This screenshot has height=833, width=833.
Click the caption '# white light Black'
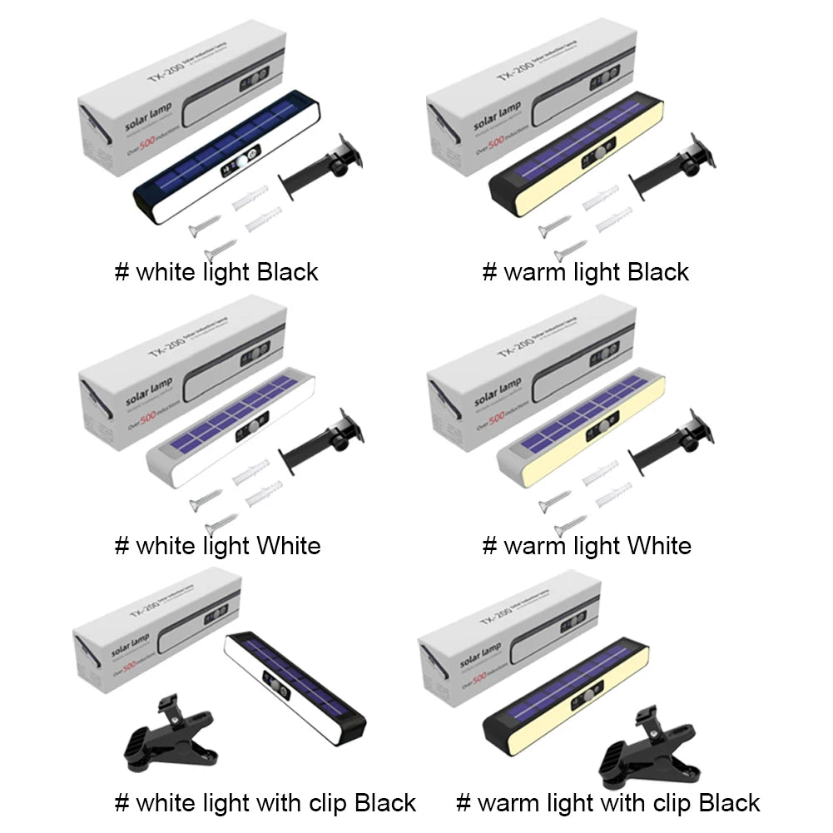pos(216,272)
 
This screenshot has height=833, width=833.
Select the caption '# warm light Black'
pos(586,272)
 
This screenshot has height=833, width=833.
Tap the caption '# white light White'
pos(217,546)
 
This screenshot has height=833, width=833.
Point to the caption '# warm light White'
pos(587,546)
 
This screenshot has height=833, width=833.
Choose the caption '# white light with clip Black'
pos(265,803)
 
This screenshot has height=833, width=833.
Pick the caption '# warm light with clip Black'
pos(607,803)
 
